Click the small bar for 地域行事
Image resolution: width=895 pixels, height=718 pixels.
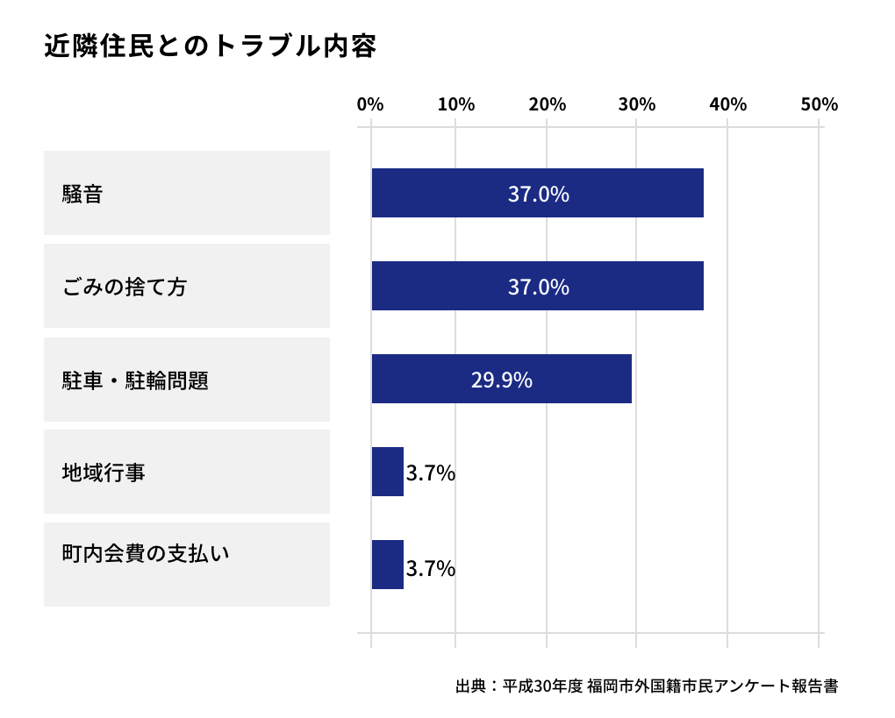[387, 472]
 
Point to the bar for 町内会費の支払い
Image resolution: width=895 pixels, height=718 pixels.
[387, 565]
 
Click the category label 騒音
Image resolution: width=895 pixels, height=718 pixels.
[82, 194]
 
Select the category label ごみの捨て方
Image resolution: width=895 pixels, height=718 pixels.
[124, 287]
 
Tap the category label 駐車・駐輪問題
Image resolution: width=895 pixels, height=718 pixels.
[135, 380]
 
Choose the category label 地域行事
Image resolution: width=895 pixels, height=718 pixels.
[104, 473]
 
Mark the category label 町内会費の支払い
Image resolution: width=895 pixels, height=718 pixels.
[145, 554]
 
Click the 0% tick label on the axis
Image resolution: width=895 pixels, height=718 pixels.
[370, 104]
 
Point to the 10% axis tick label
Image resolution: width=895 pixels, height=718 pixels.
[456, 104]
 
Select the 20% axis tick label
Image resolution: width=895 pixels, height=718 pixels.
[547, 104]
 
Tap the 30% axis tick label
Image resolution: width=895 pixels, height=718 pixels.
[637, 104]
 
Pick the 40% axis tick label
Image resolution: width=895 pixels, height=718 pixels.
[727, 104]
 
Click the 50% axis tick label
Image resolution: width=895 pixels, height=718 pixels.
[819, 104]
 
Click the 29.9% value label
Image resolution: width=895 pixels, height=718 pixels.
[501, 380]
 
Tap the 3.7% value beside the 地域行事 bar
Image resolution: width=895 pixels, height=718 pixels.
[430, 473]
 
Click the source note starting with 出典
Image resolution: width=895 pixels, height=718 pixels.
[647, 686]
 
